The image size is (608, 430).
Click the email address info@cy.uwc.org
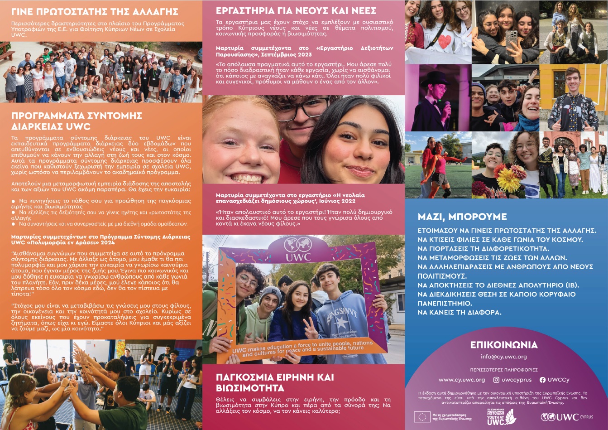pyautogui.click(x=503, y=357)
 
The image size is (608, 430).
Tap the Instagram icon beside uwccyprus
pyautogui.click(x=496, y=380)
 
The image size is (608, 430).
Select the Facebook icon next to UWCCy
pyautogui.click(x=542, y=380)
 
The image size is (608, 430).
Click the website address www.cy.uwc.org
pyautogui.click(x=461, y=380)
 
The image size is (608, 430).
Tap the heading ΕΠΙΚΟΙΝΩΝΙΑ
pyautogui.click(x=503, y=345)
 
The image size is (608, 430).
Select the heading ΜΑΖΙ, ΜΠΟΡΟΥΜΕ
pyautogui.click(x=462, y=217)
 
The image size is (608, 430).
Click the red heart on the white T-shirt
pyautogui.click(x=445, y=40)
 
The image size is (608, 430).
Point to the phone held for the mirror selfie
pyautogui.click(x=510, y=39)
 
